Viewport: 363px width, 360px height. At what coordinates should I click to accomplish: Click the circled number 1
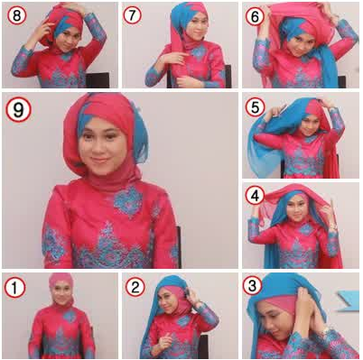[14, 288]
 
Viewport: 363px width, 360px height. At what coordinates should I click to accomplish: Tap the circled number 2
[135, 287]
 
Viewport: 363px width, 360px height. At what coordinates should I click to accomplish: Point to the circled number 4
[255, 196]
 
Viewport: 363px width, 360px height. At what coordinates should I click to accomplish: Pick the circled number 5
[255, 107]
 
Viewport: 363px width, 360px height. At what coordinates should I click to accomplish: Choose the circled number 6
[255, 16]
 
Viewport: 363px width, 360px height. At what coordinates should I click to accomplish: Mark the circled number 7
[133, 14]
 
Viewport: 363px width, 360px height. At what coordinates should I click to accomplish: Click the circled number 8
[17, 14]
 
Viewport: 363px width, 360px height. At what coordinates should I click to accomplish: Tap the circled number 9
[18, 109]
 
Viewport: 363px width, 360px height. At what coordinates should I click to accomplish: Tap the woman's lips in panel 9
[98, 161]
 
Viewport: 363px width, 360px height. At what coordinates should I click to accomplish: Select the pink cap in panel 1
[61, 281]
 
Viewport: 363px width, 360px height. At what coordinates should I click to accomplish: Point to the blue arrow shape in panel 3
[349, 300]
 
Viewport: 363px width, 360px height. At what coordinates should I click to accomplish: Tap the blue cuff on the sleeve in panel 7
[153, 76]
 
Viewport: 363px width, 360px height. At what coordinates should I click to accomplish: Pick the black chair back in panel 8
[98, 80]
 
